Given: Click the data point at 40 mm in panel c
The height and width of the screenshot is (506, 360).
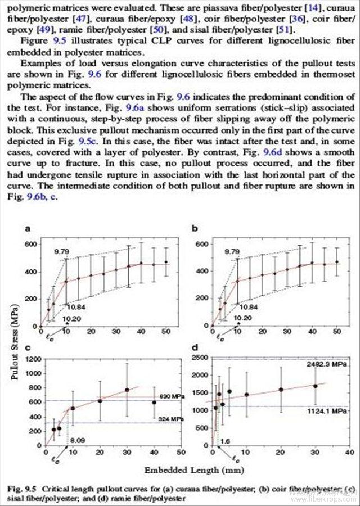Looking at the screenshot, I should [154, 402].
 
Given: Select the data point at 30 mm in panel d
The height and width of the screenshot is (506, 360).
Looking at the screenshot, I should [316, 386].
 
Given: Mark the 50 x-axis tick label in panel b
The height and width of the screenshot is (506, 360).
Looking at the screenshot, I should [337, 333].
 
